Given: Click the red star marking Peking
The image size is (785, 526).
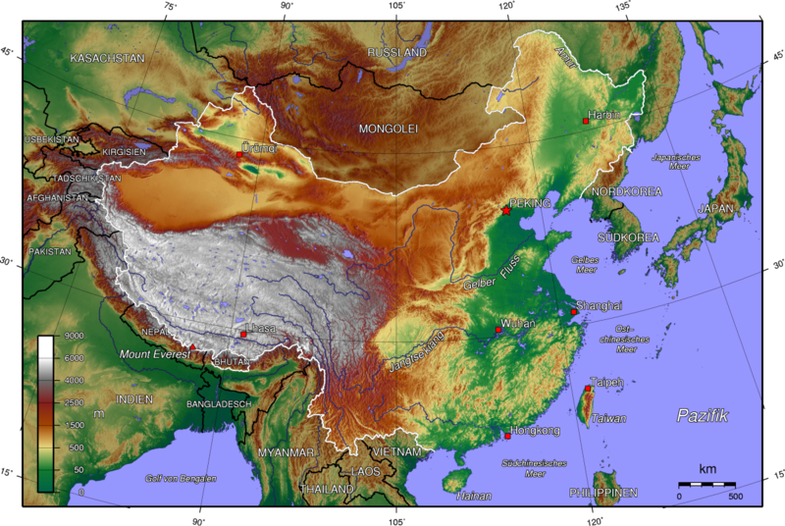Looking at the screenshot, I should click(x=506, y=211).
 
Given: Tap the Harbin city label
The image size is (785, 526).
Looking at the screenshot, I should click(x=605, y=115).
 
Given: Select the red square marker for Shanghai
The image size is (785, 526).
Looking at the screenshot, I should click(x=574, y=312).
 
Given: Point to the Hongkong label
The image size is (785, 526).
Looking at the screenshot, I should click(x=536, y=431).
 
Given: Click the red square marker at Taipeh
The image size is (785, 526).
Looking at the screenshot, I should click(x=588, y=389).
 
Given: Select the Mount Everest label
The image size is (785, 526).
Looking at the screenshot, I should click(x=153, y=353).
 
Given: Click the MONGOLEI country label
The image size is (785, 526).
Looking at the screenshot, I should click(x=388, y=129).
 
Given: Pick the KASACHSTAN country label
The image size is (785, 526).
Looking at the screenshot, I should click(x=107, y=59).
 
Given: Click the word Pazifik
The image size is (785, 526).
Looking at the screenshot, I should click(x=703, y=416).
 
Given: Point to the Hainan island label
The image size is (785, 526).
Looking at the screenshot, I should click(x=474, y=496).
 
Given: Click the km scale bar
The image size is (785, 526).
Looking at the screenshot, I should click(x=706, y=484).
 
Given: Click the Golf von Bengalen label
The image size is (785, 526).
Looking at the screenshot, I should click(x=181, y=478).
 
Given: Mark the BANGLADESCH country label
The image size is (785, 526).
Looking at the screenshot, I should click(x=220, y=403).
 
